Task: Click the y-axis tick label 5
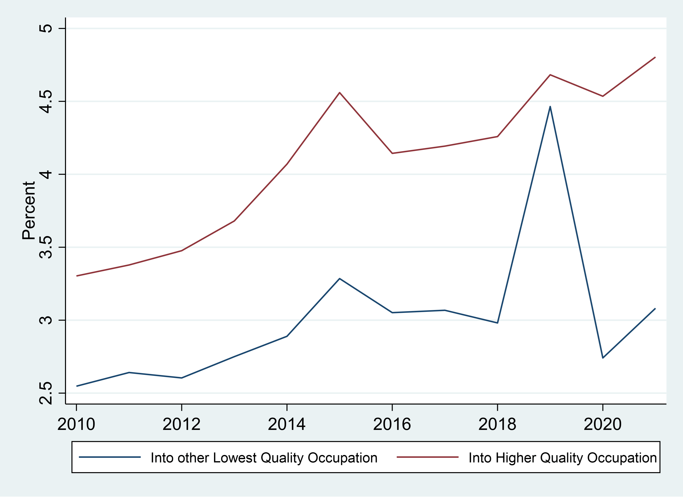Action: click(x=46, y=28)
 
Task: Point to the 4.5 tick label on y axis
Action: click(x=46, y=101)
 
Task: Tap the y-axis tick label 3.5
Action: click(x=46, y=247)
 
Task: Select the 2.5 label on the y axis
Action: click(x=46, y=393)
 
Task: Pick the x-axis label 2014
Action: click(x=287, y=424)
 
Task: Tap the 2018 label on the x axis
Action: click(x=497, y=424)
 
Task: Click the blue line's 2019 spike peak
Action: click(x=550, y=106)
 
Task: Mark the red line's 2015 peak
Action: click(x=340, y=93)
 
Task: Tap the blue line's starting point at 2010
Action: click(x=77, y=386)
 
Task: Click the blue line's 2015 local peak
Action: click(x=340, y=279)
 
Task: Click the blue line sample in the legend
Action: click(x=110, y=457)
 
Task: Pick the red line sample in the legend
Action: click(x=427, y=457)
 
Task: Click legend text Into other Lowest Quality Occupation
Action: click(x=264, y=457)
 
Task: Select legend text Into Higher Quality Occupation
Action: click(x=563, y=457)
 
